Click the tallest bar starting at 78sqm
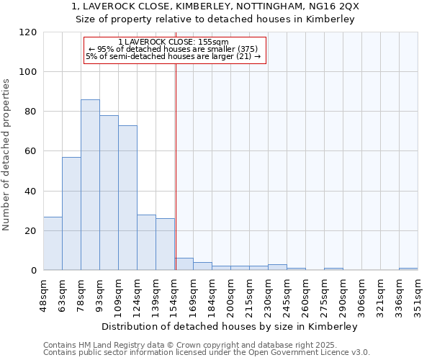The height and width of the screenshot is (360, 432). (90, 185)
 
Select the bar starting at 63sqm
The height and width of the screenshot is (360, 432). (71, 214)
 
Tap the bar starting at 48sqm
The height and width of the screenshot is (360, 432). (53, 243)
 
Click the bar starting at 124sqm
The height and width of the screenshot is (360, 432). (146, 243)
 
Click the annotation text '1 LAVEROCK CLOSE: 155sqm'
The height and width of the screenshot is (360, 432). (173, 42)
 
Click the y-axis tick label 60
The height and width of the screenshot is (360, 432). (30, 151)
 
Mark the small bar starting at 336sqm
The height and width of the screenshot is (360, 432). (408, 269)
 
